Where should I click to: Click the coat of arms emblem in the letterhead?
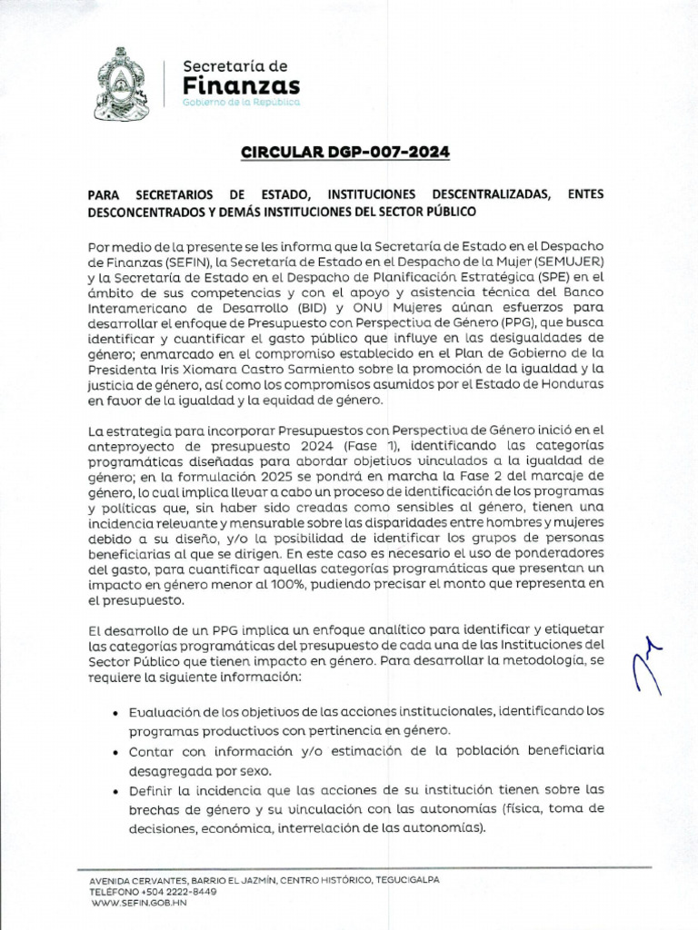pos(124,84)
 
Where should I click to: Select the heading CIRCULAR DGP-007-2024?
pos(345,152)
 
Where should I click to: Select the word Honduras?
pos(573,386)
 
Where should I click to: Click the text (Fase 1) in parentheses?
pos(373,447)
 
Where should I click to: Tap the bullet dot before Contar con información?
pos(112,753)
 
